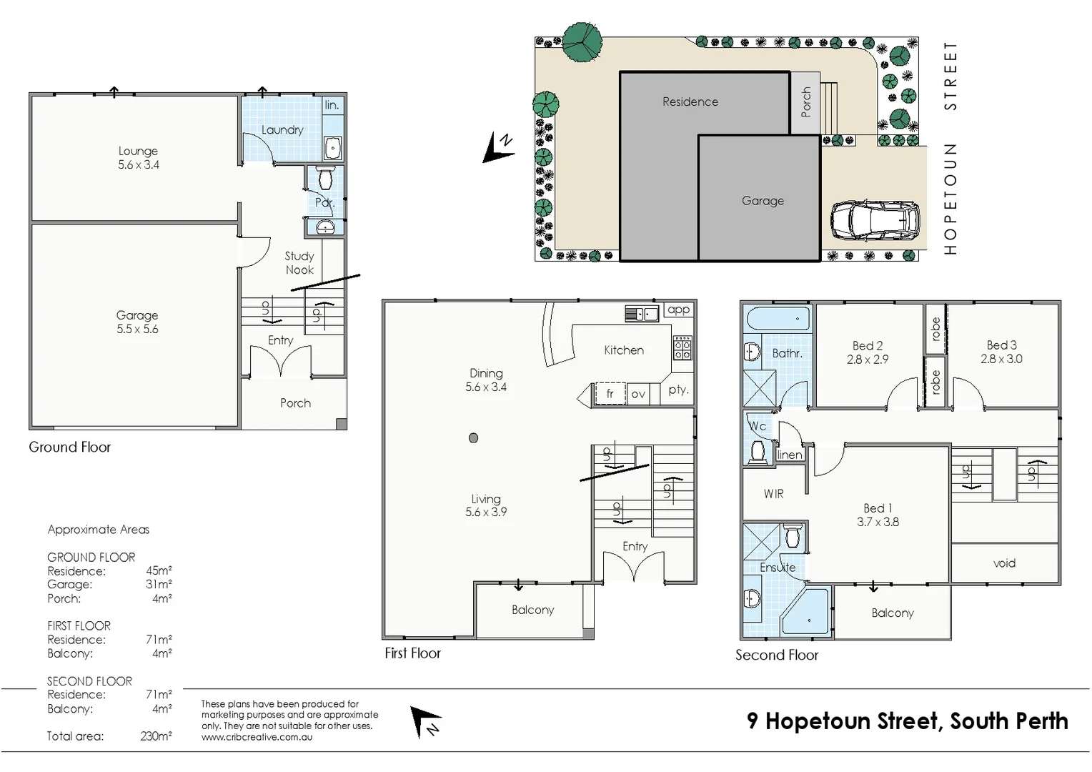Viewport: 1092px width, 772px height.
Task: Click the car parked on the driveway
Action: pos(875,220)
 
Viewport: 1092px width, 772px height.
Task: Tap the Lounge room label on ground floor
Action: pos(138,151)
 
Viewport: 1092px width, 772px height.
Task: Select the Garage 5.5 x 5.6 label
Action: pos(137,322)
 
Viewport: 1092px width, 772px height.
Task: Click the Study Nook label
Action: pos(299,263)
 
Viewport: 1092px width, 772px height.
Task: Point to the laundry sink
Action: pos(333,148)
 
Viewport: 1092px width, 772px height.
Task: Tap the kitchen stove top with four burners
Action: pos(682,347)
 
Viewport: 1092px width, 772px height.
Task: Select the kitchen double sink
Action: pos(641,314)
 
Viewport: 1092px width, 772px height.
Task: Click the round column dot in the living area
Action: pos(473,438)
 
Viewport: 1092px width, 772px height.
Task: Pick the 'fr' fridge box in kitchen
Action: pos(610,394)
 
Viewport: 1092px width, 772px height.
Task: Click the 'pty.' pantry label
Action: pos(678,390)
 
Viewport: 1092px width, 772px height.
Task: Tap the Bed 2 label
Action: pos(868,346)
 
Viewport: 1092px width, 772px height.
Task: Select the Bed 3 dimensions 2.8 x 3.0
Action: pos(1001,359)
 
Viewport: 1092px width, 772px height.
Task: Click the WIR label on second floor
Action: pos(773,494)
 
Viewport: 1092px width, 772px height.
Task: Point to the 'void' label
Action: pos(1004,563)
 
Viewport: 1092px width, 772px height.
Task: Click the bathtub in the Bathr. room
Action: pos(778,319)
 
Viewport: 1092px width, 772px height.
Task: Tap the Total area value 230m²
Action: pos(156,736)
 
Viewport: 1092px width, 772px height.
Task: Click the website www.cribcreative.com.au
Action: pos(257,737)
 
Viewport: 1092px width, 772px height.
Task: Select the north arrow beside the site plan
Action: pos(498,147)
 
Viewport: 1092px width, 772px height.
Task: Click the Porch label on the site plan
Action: pos(806,102)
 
